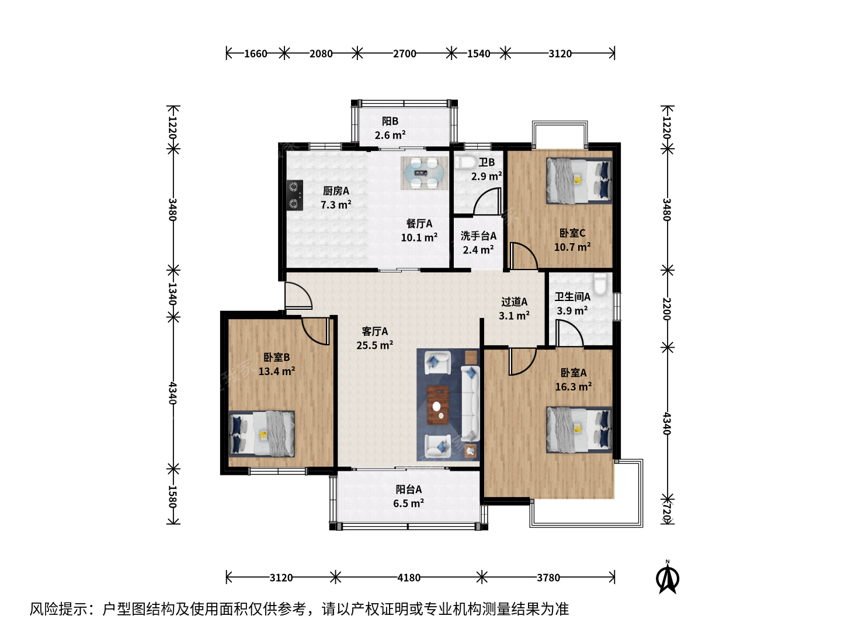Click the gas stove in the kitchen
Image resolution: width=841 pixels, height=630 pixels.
(x=294, y=195)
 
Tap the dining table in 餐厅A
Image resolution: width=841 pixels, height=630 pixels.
(x=424, y=173)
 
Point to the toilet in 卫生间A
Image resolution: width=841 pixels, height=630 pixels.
(x=599, y=284)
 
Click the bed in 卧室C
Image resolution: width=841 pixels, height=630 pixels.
(x=579, y=181)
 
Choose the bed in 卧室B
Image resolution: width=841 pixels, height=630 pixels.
(x=262, y=434)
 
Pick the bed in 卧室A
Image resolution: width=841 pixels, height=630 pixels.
(x=579, y=430)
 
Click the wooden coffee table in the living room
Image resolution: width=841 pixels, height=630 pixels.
(x=438, y=405)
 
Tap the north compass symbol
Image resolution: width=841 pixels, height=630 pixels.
(x=668, y=577)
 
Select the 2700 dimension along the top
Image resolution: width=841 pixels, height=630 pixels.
(x=405, y=54)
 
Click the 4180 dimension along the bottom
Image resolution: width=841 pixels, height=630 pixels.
(x=409, y=577)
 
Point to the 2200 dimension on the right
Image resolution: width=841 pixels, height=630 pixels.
(x=667, y=309)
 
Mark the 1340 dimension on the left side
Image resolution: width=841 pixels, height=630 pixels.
(x=172, y=294)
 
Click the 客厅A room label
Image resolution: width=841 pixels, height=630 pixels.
(x=375, y=331)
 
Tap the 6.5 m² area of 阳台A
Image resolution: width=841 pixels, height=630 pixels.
(x=408, y=503)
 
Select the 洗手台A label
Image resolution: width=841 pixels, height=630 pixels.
(x=478, y=236)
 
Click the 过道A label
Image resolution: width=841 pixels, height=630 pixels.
(x=514, y=302)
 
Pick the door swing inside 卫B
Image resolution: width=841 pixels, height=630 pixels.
(x=487, y=201)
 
